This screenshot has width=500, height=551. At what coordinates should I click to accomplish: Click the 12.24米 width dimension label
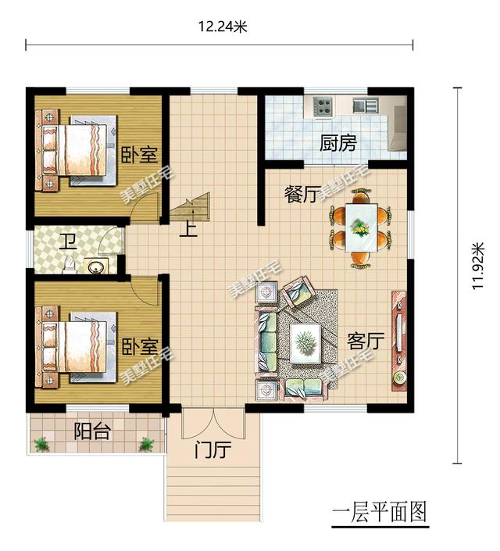[x=223, y=27]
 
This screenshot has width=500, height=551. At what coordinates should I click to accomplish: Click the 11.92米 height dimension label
[x=478, y=267]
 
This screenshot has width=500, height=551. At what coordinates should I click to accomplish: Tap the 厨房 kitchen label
[x=338, y=143]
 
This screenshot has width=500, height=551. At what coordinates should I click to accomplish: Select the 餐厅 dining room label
[x=302, y=195]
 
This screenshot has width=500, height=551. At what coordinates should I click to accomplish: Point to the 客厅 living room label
[x=366, y=341]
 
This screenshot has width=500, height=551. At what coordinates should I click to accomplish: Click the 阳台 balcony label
[x=92, y=431]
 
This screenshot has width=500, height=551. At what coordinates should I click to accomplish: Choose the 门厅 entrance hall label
[x=213, y=450]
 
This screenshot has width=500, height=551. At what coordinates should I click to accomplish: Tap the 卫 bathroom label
[x=68, y=242]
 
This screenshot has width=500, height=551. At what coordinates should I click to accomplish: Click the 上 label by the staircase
[x=188, y=230]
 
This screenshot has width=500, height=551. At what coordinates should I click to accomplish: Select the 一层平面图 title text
[x=380, y=512]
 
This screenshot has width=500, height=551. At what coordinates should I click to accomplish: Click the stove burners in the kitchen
[x=323, y=106]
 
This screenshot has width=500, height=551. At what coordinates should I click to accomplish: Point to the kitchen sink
[x=366, y=105]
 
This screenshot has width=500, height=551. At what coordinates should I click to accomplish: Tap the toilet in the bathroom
[x=70, y=265]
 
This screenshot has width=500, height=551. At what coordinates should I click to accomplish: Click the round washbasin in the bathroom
[x=96, y=267]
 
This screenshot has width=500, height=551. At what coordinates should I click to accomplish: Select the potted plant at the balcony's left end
[x=42, y=444]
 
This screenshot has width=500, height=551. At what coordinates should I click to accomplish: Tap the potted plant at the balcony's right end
[x=146, y=444]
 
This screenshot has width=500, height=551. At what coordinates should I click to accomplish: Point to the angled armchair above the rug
[x=297, y=292]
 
